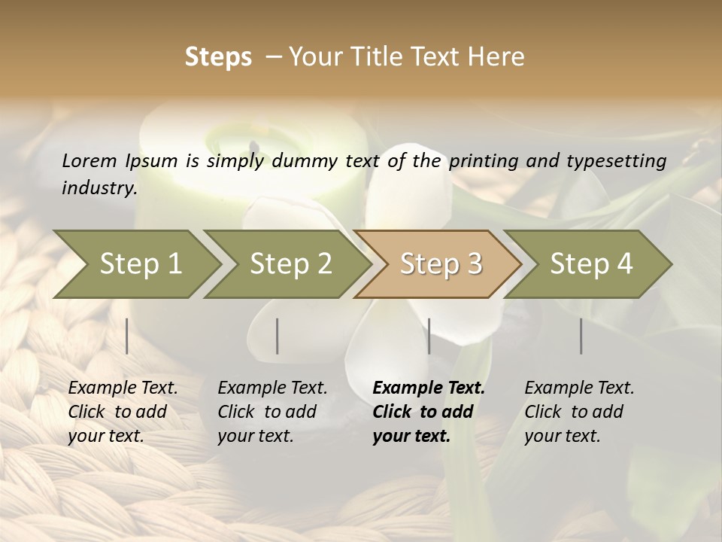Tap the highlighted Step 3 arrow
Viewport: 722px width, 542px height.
440,264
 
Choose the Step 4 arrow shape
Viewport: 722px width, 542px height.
591,264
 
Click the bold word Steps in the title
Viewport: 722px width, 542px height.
218,57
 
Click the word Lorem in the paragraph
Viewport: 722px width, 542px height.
89,160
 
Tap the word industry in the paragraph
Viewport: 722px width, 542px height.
99,188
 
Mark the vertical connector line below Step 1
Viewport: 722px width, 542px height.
127,336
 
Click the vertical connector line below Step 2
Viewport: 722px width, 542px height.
278,336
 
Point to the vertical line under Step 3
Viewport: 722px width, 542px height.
429,336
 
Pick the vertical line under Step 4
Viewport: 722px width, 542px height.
581,336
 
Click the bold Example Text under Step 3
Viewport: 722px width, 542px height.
429,388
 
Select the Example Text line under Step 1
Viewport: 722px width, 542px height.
123,388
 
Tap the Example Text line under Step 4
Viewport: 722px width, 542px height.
579,388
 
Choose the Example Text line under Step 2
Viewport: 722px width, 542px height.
272,388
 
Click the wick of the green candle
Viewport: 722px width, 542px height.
253,145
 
